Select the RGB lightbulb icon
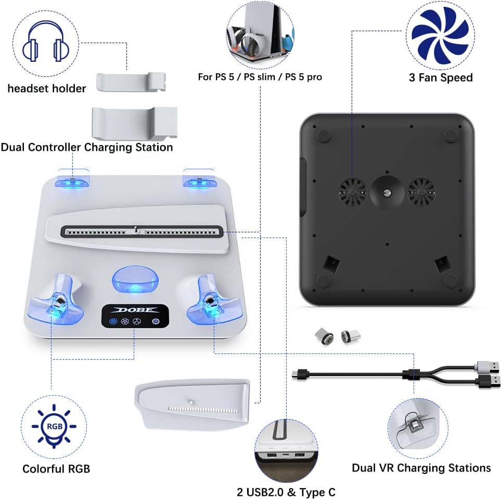coord(54,426)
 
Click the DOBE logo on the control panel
coord(135,310)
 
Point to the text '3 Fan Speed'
coord(441,77)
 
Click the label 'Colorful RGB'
coord(56,469)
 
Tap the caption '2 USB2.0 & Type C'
coord(286,492)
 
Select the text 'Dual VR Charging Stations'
coord(421,468)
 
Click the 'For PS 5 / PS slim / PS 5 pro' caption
coord(260,77)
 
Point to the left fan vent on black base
coord(353,192)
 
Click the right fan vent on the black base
coord(421,192)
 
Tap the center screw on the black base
coord(387,192)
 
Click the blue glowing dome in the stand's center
coord(135,280)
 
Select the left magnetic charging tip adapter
coord(324,336)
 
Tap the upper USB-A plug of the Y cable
coord(487,366)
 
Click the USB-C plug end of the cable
coord(300,374)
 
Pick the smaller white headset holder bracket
coord(131,82)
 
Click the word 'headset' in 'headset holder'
coord(28,88)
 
